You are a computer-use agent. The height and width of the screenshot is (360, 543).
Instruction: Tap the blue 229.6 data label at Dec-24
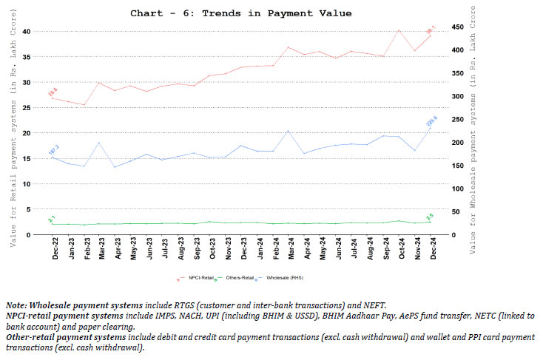click(x=431, y=120)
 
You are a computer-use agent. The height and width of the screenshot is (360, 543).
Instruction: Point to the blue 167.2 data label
click(x=53, y=149)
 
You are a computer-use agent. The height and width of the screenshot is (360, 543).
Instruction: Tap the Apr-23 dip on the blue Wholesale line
click(x=115, y=167)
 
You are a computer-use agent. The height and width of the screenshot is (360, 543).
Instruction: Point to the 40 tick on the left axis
click(x=26, y=31)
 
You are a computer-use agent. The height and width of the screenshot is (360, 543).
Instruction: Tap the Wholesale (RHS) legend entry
click(x=281, y=278)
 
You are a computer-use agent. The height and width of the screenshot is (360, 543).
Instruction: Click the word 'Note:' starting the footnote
click(x=16, y=304)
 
